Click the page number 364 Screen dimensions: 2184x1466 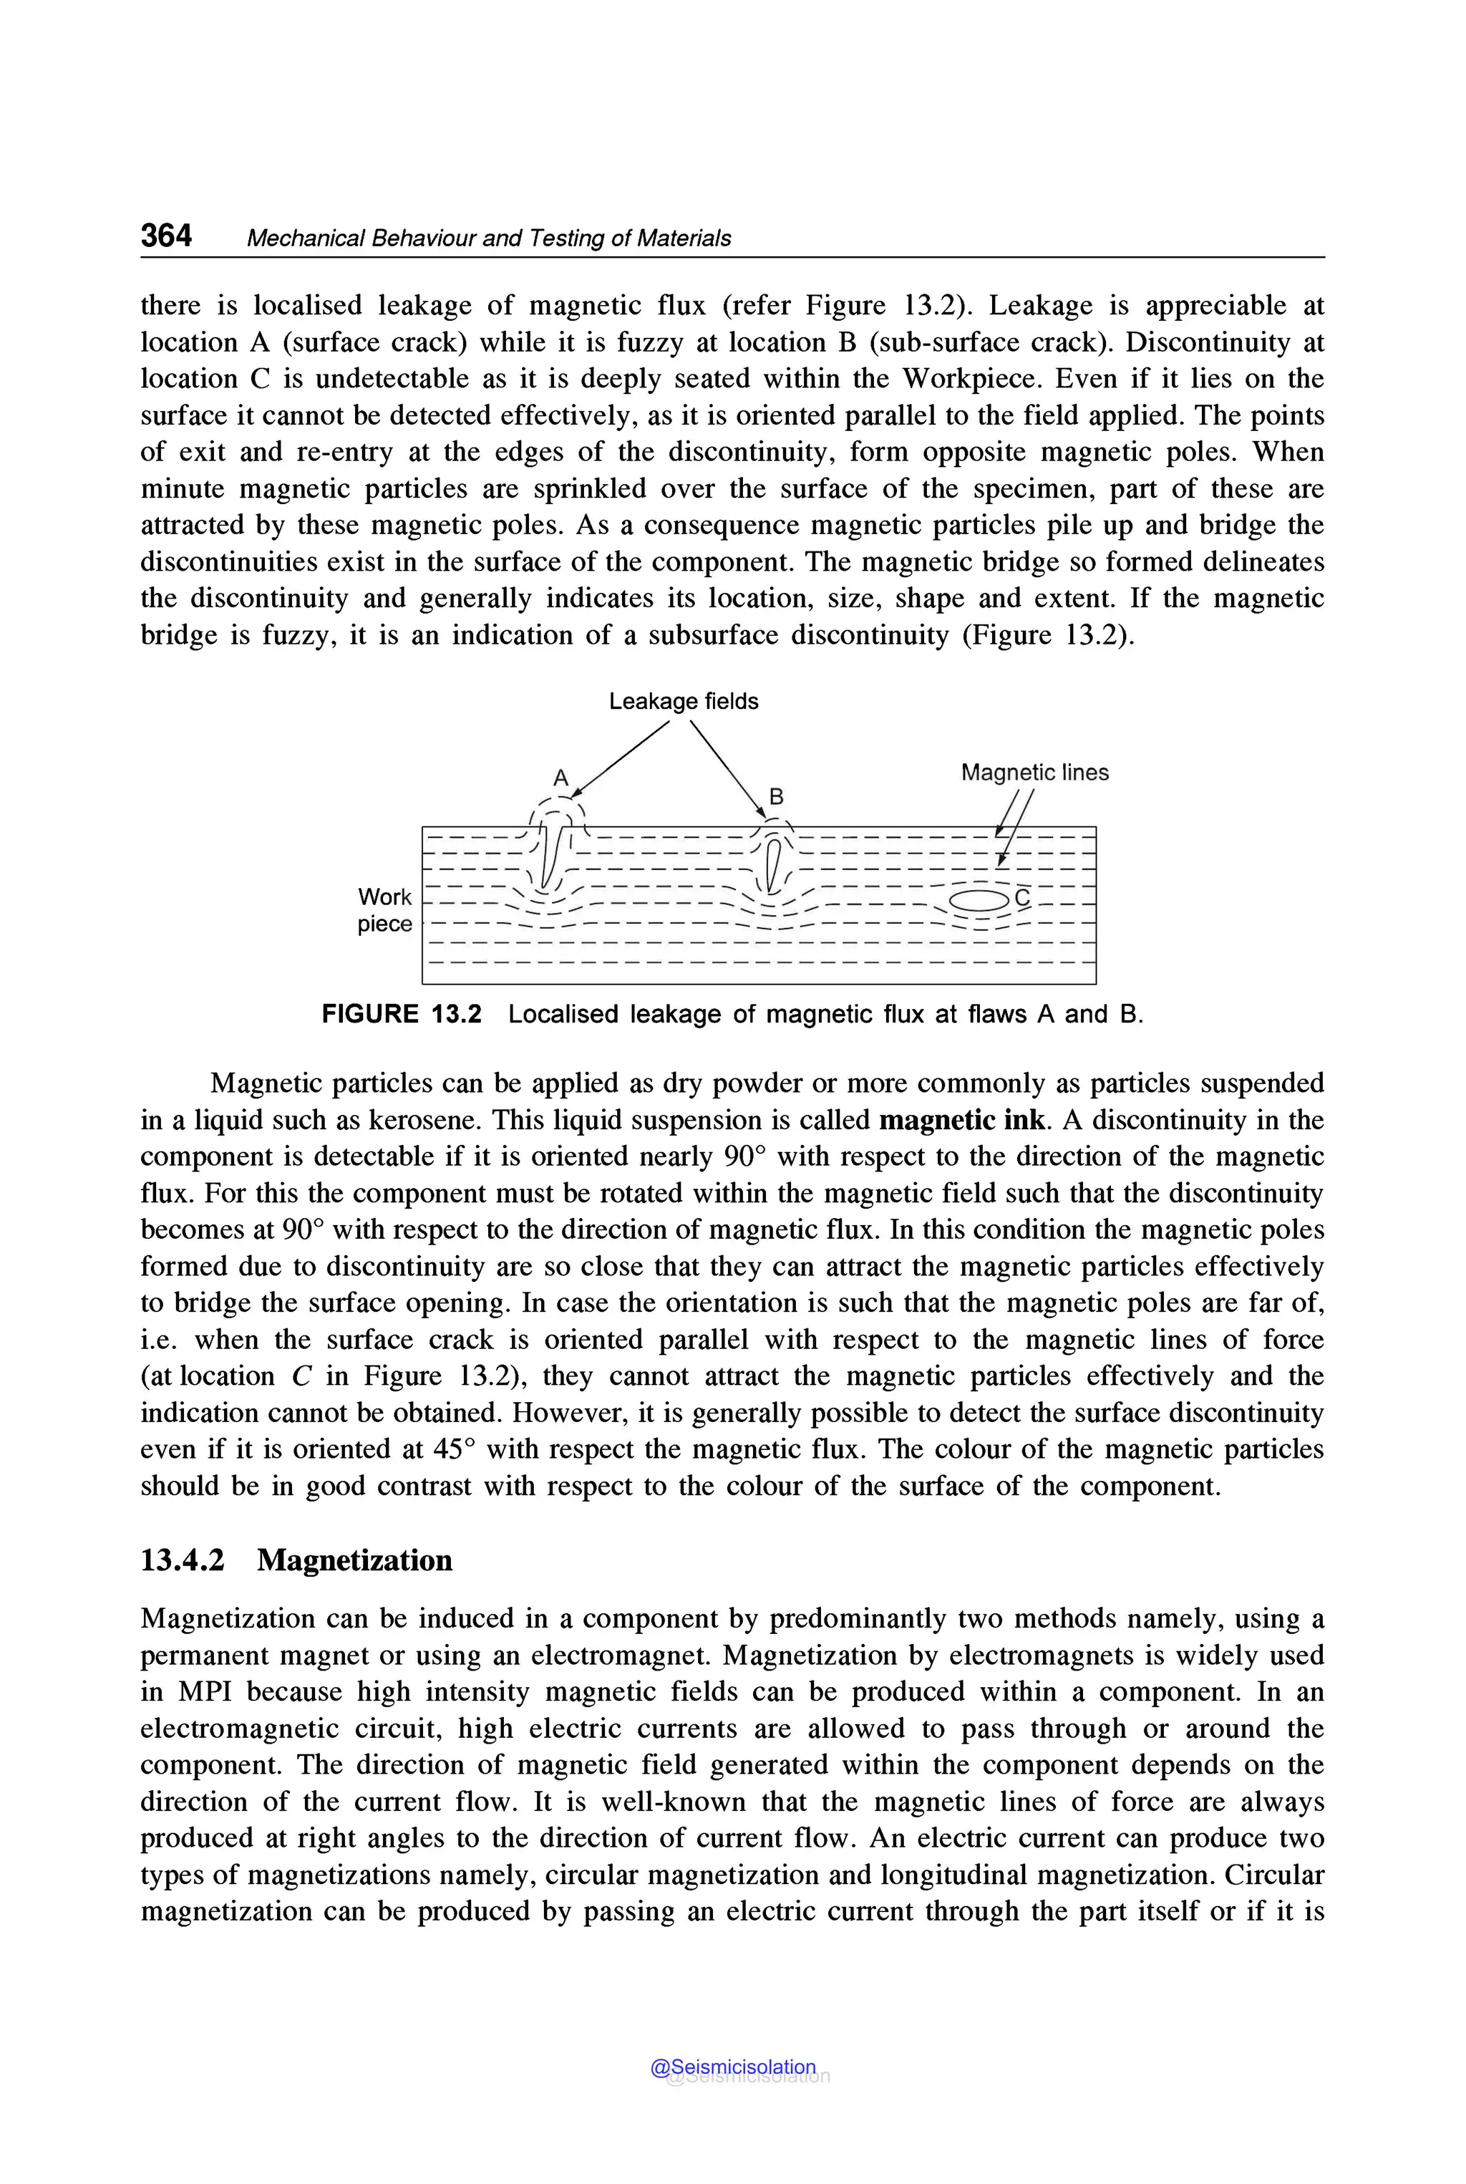pyautogui.click(x=166, y=236)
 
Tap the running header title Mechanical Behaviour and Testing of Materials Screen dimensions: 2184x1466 pyautogui.click(x=488, y=238)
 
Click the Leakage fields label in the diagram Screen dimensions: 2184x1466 pyautogui.click(x=684, y=702)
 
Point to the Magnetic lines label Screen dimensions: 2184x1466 pyautogui.click(x=1034, y=773)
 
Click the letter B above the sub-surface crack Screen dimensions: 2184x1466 pyautogui.click(x=776, y=796)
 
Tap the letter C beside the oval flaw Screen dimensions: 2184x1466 pyautogui.click(x=1022, y=898)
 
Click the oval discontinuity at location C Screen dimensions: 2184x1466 pyautogui.click(x=978, y=901)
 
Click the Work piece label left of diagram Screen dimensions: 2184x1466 pyautogui.click(x=384, y=910)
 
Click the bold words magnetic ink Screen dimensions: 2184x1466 pyautogui.click(x=963, y=1121)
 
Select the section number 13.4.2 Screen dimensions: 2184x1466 pyautogui.click(x=183, y=1560)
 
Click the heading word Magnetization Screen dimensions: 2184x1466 pyautogui.click(x=354, y=1560)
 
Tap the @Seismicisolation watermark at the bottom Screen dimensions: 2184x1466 pyautogui.click(x=733, y=2067)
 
